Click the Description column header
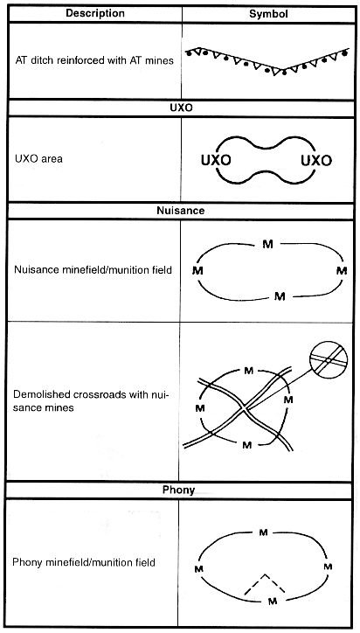[x=95, y=13]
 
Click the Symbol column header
[x=268, y=14]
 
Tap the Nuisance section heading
[x=181, y=211]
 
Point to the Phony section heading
[x=178, y=490]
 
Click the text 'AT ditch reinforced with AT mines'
[x=94, y=60]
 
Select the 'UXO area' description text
[x=38, y=158]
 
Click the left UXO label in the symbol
[x=216, y=161]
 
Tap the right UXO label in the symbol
[x=316, y=161]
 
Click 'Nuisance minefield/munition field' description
[x=93, y=269]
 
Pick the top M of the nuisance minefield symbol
[x=267, y=244]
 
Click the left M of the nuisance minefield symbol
[x=197, y=270]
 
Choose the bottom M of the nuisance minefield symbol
[x=280, y=296]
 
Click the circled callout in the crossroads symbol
[x=329, y=358]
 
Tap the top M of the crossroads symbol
[x=249, y=371]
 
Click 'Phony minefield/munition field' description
[x=84, y=562]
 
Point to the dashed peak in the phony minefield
[x=265, y=574]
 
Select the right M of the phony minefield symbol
[x=329, y=567]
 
